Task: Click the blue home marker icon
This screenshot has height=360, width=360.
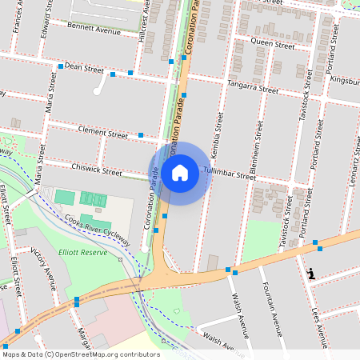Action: coord(180,172)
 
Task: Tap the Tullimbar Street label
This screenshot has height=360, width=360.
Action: coord(230,174)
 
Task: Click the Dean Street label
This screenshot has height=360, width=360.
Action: coord(84,68)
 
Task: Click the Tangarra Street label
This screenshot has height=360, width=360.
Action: coord(252,86)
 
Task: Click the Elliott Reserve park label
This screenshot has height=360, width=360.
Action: coord(82,252)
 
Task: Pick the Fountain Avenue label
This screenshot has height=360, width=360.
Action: coord(273,309)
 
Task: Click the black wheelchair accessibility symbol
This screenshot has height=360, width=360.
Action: coord(311,274)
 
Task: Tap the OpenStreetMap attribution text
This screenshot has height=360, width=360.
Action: coord(81,354)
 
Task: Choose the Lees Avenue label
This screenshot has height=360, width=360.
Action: coord(318,320)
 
